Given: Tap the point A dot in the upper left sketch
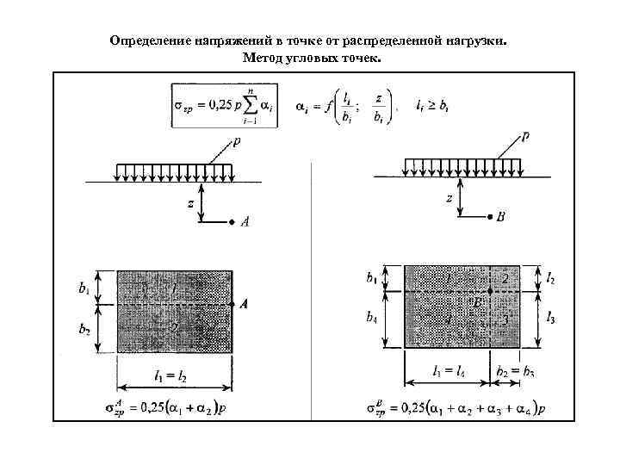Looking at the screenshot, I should point(231,222).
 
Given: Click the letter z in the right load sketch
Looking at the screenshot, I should point(449,199).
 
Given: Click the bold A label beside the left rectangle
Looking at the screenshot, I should point(244,304).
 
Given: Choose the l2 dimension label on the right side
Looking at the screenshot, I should point(552,277).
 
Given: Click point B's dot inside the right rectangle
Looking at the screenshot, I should point(490,292).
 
